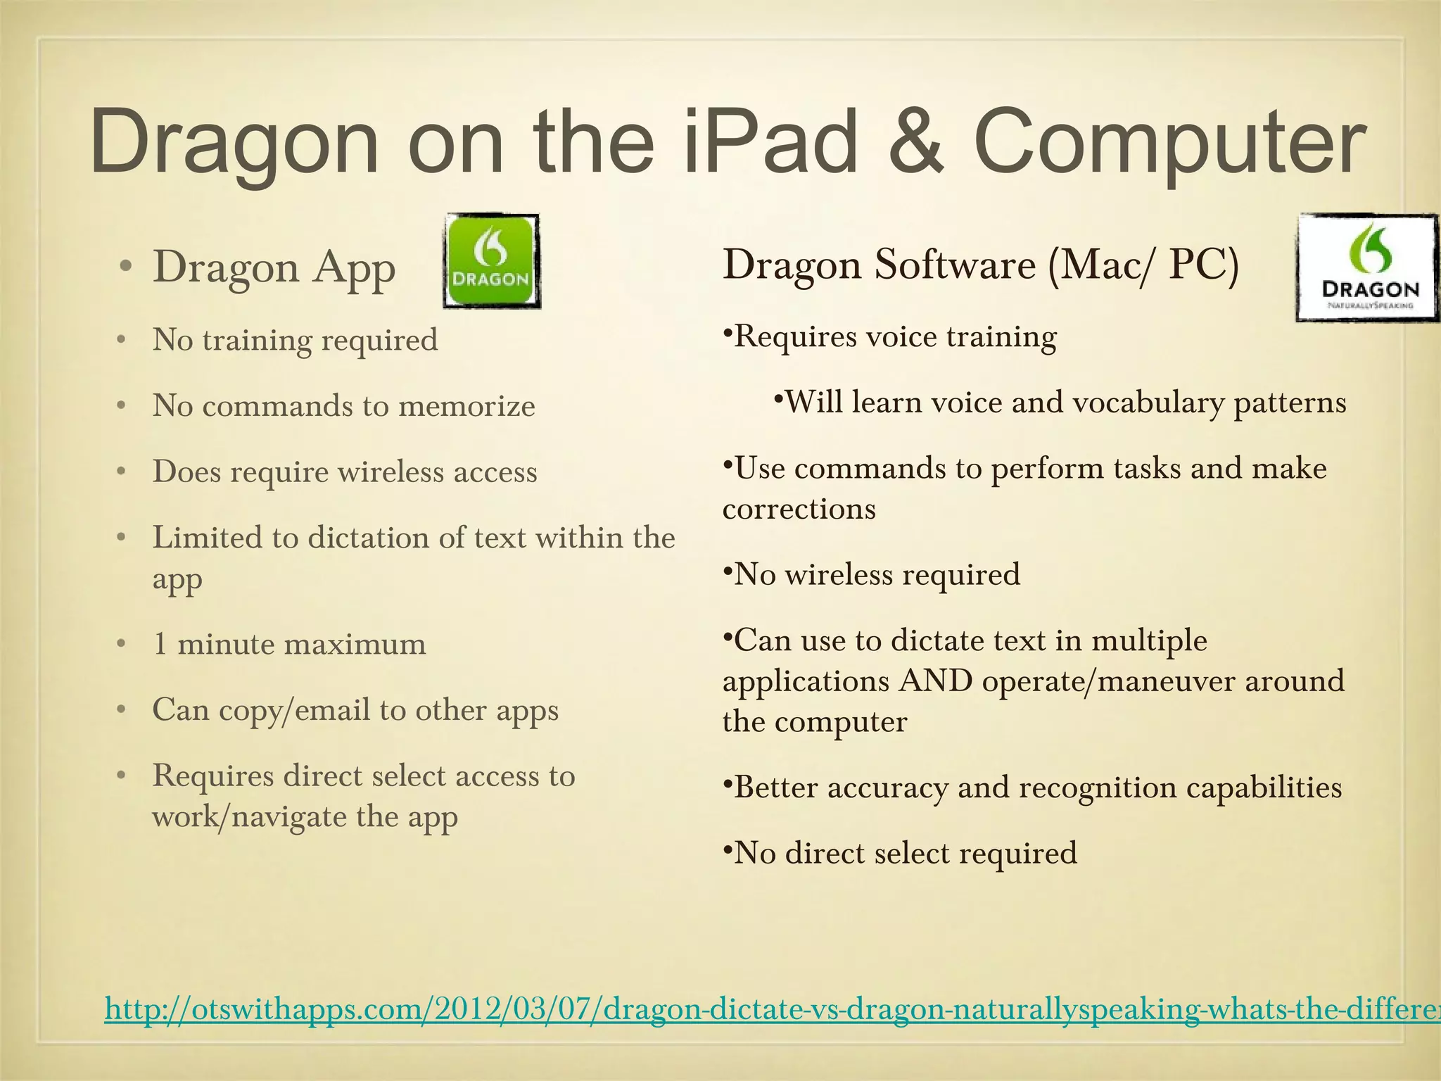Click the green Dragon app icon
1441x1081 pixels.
coord(491,261)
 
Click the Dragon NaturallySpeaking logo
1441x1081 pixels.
coord(1367,267)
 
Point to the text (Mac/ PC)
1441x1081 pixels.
coord(1142,265)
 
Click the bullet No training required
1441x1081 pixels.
coord(295,340)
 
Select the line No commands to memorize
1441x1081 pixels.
coord(343,406)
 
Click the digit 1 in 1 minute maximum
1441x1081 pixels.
coord(160,644)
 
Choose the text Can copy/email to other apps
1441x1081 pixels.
coord(355,709)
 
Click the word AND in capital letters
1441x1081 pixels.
coord(935,681)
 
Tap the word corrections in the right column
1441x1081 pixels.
coord(799,509)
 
